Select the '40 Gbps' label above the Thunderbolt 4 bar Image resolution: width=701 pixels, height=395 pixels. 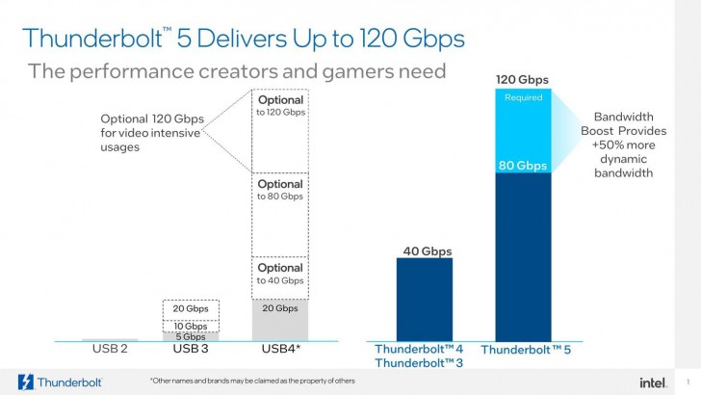(x=424, y=251)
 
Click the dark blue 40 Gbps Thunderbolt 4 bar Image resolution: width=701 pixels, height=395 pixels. (x=424, y=299)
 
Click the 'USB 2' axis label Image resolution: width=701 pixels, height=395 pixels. (x=109, y=349)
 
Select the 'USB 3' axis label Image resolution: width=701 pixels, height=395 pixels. (x=190, y=349)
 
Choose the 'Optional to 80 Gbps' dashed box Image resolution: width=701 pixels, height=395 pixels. (x=279, y=214)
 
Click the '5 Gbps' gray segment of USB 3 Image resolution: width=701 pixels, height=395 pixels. (x=190, y=336)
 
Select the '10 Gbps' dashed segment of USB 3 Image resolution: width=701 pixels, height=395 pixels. (x=190, y=326)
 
